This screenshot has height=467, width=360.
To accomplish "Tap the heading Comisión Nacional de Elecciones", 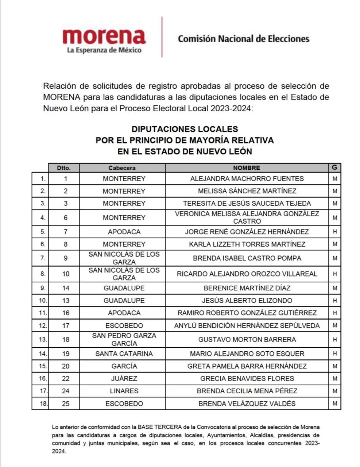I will (x=243, y=39).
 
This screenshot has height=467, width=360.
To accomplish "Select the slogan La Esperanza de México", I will (x=104, y=50).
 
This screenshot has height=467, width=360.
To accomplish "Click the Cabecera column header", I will (x=122, y=168).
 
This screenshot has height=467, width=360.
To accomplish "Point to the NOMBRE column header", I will (x=247, y=168).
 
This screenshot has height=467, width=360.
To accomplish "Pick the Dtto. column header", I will (x=64, y=168).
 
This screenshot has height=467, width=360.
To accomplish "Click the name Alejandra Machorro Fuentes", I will (x=247, y=179).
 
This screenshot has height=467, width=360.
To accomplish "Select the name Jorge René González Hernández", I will (x=247, y=232).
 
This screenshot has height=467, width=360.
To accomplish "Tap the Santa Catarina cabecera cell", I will (x=124, y=354).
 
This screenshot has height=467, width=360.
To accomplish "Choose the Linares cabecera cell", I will (x=124, y=391).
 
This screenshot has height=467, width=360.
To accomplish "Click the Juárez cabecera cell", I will (x=124, y=378).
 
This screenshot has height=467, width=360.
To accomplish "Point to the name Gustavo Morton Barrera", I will (x=247, y=339).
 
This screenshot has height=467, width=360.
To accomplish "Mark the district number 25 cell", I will (x=66, y=404).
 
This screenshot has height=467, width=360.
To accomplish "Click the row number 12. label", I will (x=43, y=325).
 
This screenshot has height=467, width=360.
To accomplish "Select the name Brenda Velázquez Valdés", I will (x=247, y=404).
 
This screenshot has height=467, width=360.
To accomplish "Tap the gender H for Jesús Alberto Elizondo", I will (x=334, y=301).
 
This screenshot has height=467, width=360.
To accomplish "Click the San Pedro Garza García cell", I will (x=124, y=339).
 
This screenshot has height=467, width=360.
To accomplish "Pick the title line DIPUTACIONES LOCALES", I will (x=185, y=129).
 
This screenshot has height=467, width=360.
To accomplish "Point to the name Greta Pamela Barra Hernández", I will (x=247, y=366).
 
